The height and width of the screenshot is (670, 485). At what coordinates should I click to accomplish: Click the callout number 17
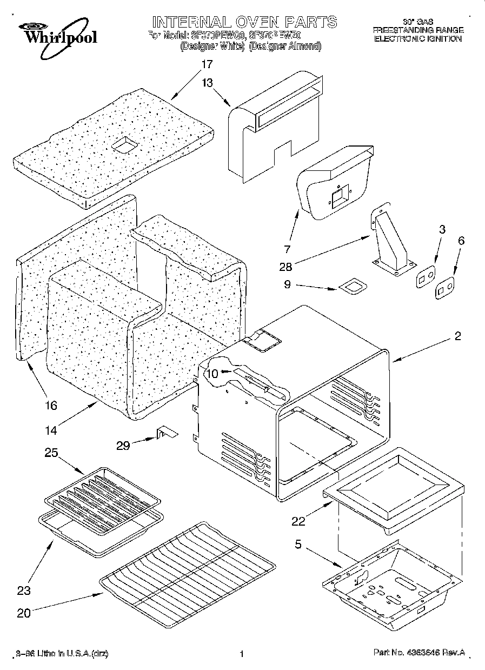[207, 64]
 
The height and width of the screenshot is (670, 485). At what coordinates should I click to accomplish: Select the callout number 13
[207, 83]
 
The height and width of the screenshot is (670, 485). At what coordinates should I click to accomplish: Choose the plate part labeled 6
[444, 287]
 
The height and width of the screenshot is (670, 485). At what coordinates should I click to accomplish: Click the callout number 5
[298, 545]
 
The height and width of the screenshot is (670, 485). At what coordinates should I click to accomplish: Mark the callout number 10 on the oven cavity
[212, 373]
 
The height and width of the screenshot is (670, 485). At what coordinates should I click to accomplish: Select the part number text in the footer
[419, 653]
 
